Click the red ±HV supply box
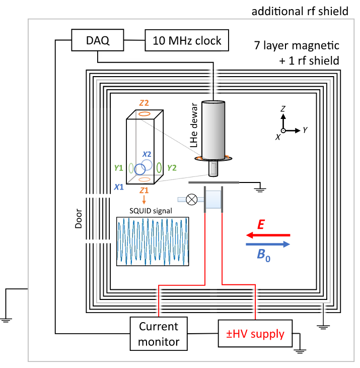click(x=254, y=333)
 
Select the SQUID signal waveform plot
click(x=153, y=241)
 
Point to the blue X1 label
click(x=119, y=187)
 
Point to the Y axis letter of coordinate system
click(x=305, y=130)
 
